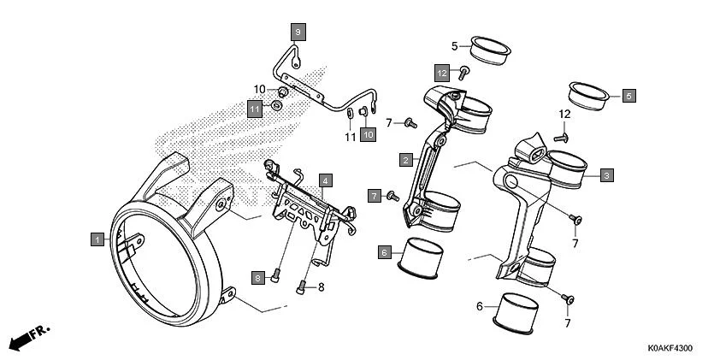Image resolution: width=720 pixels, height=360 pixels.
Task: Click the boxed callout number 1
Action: (98, 239)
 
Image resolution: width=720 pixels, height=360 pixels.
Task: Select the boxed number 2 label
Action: (406, 159)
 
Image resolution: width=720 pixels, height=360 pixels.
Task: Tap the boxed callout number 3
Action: (606, 175)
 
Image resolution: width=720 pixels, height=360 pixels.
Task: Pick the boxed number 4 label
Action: (325, 180)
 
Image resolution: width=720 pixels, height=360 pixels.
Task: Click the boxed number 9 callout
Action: (298, 32)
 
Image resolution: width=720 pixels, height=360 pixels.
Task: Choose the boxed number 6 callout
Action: (385, 252)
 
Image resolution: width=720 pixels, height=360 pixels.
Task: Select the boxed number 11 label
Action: (255, 109)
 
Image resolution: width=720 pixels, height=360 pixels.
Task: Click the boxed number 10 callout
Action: (368, 134)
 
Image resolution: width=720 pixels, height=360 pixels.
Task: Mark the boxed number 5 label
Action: (629, 97)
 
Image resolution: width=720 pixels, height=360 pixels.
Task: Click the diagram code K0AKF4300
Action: (663, 349)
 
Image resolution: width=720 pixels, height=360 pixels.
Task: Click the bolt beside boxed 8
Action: (276, 275)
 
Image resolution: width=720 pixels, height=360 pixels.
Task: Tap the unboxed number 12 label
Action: (564, 114)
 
